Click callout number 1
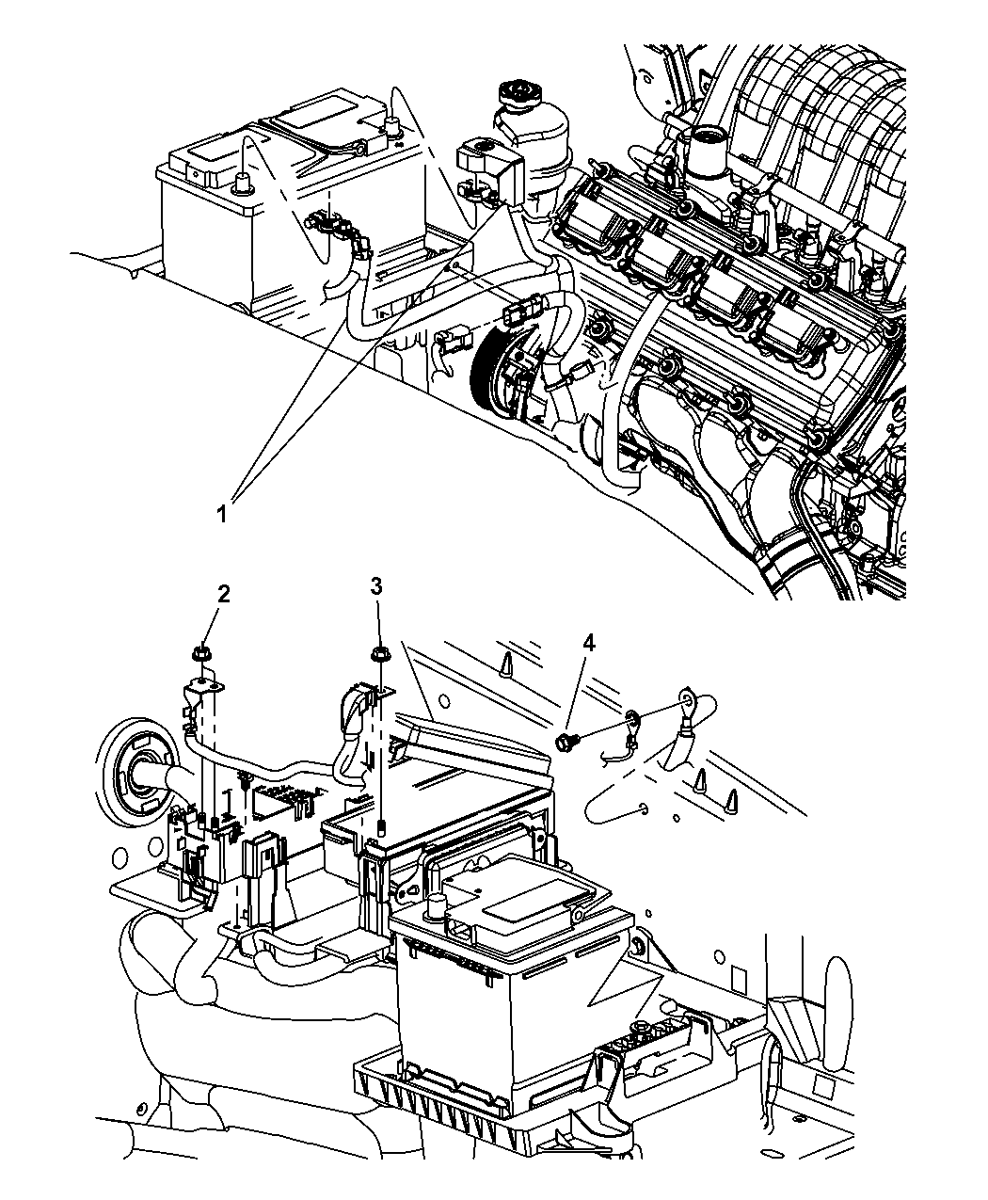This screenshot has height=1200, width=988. click(222, 514)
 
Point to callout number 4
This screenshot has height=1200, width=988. click(589, 643)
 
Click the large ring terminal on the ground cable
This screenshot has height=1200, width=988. click(690, 700)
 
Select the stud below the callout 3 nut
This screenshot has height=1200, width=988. click(384, 827)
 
